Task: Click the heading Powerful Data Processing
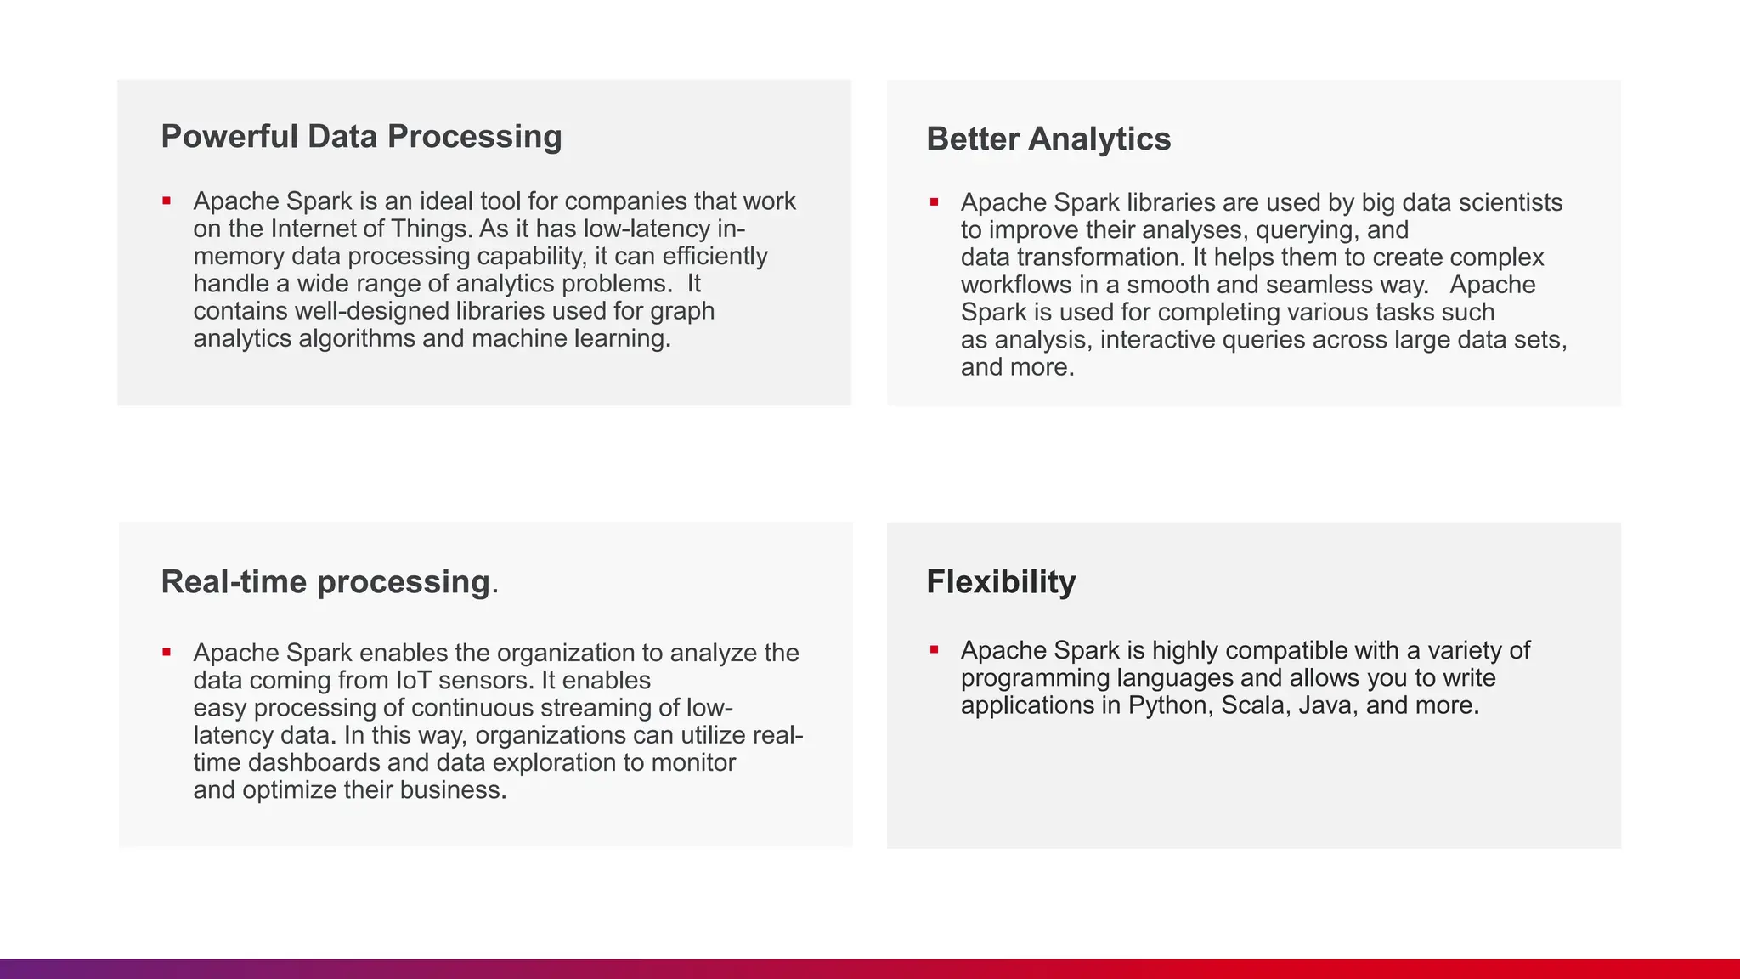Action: pyautogui.click(x=361, y=137)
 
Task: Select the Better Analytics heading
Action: pyautogui.click(x=1048, y=139)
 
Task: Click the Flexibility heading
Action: pyautogui.click(x=1000, y=582)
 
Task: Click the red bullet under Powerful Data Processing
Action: pyautogui.click(x=167, y=201)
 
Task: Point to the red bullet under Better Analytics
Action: pyautogui.click(x=934, y=202)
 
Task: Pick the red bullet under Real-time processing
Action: pyautogui.click(x=167, y=653)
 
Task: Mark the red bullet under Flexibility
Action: pyautogui.click(x=934, y=650)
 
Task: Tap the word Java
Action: pyautogui.click(x=1328, y=705)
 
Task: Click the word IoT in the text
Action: pyautogui.click(x=413, y=681)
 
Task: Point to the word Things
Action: pyautogui.click(x=432, y=229)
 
